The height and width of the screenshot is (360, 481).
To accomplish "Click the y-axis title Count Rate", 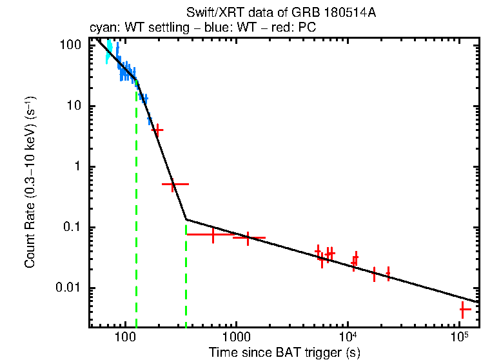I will [30, 183].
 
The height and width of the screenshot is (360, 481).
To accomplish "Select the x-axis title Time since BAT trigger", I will [284, 352].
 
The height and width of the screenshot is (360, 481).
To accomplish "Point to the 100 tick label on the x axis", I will [125, 337].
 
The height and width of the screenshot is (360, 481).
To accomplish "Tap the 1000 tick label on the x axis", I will [237, 337].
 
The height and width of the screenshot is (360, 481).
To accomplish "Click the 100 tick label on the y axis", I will [70, 46].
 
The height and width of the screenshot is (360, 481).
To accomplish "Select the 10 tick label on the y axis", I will [73, 106].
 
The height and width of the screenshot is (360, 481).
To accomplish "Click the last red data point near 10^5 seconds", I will [462, 310].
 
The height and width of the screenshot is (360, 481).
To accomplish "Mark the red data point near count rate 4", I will [157, 130].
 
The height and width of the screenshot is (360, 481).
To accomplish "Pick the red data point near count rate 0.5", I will [173, 184].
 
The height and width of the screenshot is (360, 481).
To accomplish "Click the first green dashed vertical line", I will [136, 206].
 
